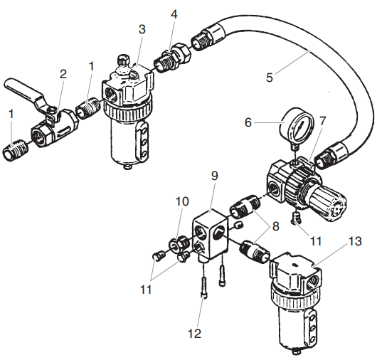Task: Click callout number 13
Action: tap(355, 240)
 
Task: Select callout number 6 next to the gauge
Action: tap(248, 122)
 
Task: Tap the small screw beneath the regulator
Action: tap(297, 216)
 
